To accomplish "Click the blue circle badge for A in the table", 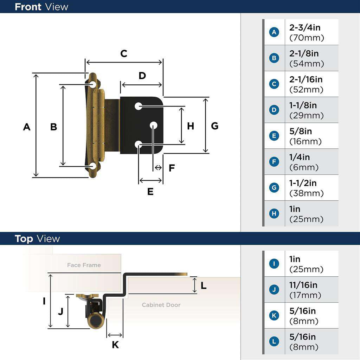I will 274,32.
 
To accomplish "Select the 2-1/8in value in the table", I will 304,53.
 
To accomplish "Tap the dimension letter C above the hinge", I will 124,54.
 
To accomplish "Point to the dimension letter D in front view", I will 142,76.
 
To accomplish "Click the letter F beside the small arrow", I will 172,168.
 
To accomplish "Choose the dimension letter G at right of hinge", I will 214,126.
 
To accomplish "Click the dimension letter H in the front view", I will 190,126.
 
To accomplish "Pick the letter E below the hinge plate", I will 150,192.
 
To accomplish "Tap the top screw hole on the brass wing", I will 93,84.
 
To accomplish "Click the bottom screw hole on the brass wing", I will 93,166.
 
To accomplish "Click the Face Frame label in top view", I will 84,265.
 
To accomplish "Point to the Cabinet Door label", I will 161,305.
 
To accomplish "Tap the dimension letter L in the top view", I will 203,286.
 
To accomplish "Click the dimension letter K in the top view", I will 115,345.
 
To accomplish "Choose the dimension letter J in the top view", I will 60,311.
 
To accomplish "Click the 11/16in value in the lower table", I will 303,285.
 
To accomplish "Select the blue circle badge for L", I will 274,341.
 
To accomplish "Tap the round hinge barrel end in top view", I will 95,321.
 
